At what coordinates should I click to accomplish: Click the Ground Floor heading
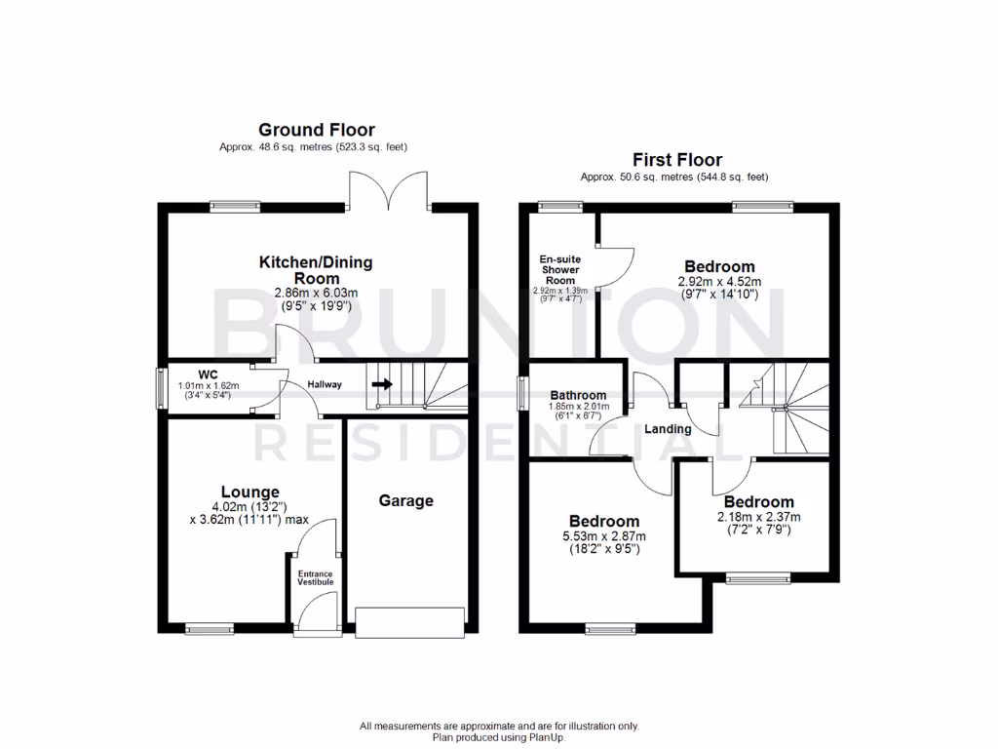pos(316,130)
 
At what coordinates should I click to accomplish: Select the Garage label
pos(405,500)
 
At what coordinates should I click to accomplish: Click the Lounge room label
pos(249,493)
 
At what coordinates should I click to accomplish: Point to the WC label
pos(207,374)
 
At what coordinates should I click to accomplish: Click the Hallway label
pos(325,384)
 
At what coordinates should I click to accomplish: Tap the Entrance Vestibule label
pos(316,578)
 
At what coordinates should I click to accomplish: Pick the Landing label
pos(669,429)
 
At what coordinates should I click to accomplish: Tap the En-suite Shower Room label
pos(559,269)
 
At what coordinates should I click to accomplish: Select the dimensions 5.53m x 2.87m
pos(604,536)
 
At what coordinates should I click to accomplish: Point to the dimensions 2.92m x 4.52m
pos(719,282)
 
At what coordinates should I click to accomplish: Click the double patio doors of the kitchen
pos(389,192)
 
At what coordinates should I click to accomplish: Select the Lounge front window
pos(210,629)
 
